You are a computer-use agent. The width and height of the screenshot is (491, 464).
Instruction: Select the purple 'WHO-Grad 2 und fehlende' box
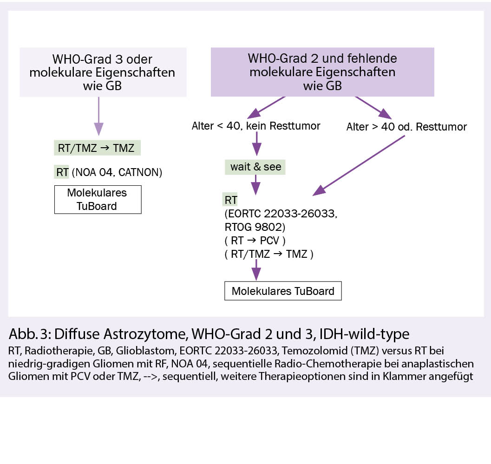[x=322, y=72]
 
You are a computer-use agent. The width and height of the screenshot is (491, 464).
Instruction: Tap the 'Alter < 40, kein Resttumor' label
[x=256, y=126]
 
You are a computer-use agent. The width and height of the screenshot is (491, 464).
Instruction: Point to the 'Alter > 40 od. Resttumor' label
[x=406, y=126]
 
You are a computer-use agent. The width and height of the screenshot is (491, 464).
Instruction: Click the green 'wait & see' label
[x=255, y=167]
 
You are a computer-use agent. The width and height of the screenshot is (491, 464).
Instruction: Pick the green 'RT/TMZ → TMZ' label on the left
[x=96, y=148]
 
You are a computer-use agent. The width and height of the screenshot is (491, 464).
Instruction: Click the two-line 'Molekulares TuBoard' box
[x=98, y=200]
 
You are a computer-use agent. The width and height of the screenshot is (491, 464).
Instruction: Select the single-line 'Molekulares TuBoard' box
[x=283, y=291]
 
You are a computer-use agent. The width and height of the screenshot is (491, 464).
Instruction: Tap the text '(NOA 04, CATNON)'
[x=117, y=173]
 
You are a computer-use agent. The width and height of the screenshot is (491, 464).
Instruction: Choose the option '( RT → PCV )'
[x=258, y=241]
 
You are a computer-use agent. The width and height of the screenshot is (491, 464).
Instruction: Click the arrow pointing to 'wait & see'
[x=255, y=145]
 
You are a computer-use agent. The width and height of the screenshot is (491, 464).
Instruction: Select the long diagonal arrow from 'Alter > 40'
[x=360, y=165]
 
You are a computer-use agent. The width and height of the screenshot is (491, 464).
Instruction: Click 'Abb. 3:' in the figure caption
[x=30, y=334]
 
